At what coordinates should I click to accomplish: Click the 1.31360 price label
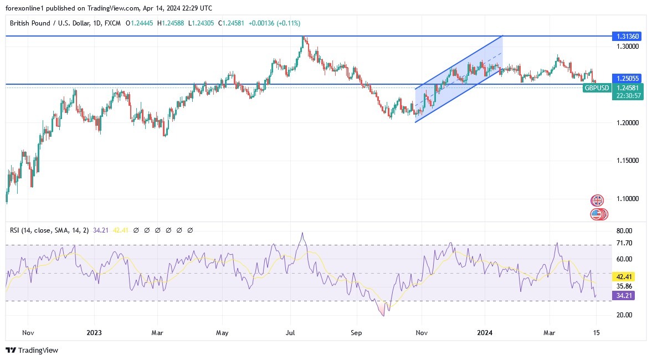click(627, 36)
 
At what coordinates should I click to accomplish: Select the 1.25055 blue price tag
click(627, 79)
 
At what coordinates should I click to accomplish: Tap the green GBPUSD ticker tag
click(597, 88)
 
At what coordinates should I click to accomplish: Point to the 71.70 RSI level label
click(624, 244)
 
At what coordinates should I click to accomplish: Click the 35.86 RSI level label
click(624, 286)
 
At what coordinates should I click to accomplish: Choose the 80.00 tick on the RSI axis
click(624, 231)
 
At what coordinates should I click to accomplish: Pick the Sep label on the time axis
click(356, 333)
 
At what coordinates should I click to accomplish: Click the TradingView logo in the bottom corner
click(32, 350)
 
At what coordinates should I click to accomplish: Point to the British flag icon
click(597, 200)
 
